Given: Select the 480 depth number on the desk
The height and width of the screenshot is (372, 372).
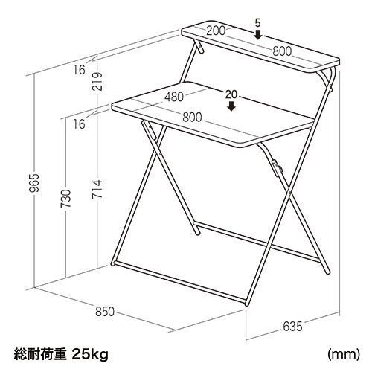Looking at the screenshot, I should point(175,97).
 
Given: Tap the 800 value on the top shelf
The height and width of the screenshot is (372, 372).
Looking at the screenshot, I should point(282,51).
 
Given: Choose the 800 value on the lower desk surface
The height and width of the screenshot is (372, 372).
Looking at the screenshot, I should point(192,117).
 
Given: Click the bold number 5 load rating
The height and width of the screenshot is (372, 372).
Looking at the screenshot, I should point(257,22).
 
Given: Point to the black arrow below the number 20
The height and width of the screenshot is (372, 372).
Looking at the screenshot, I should point(231,106).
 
